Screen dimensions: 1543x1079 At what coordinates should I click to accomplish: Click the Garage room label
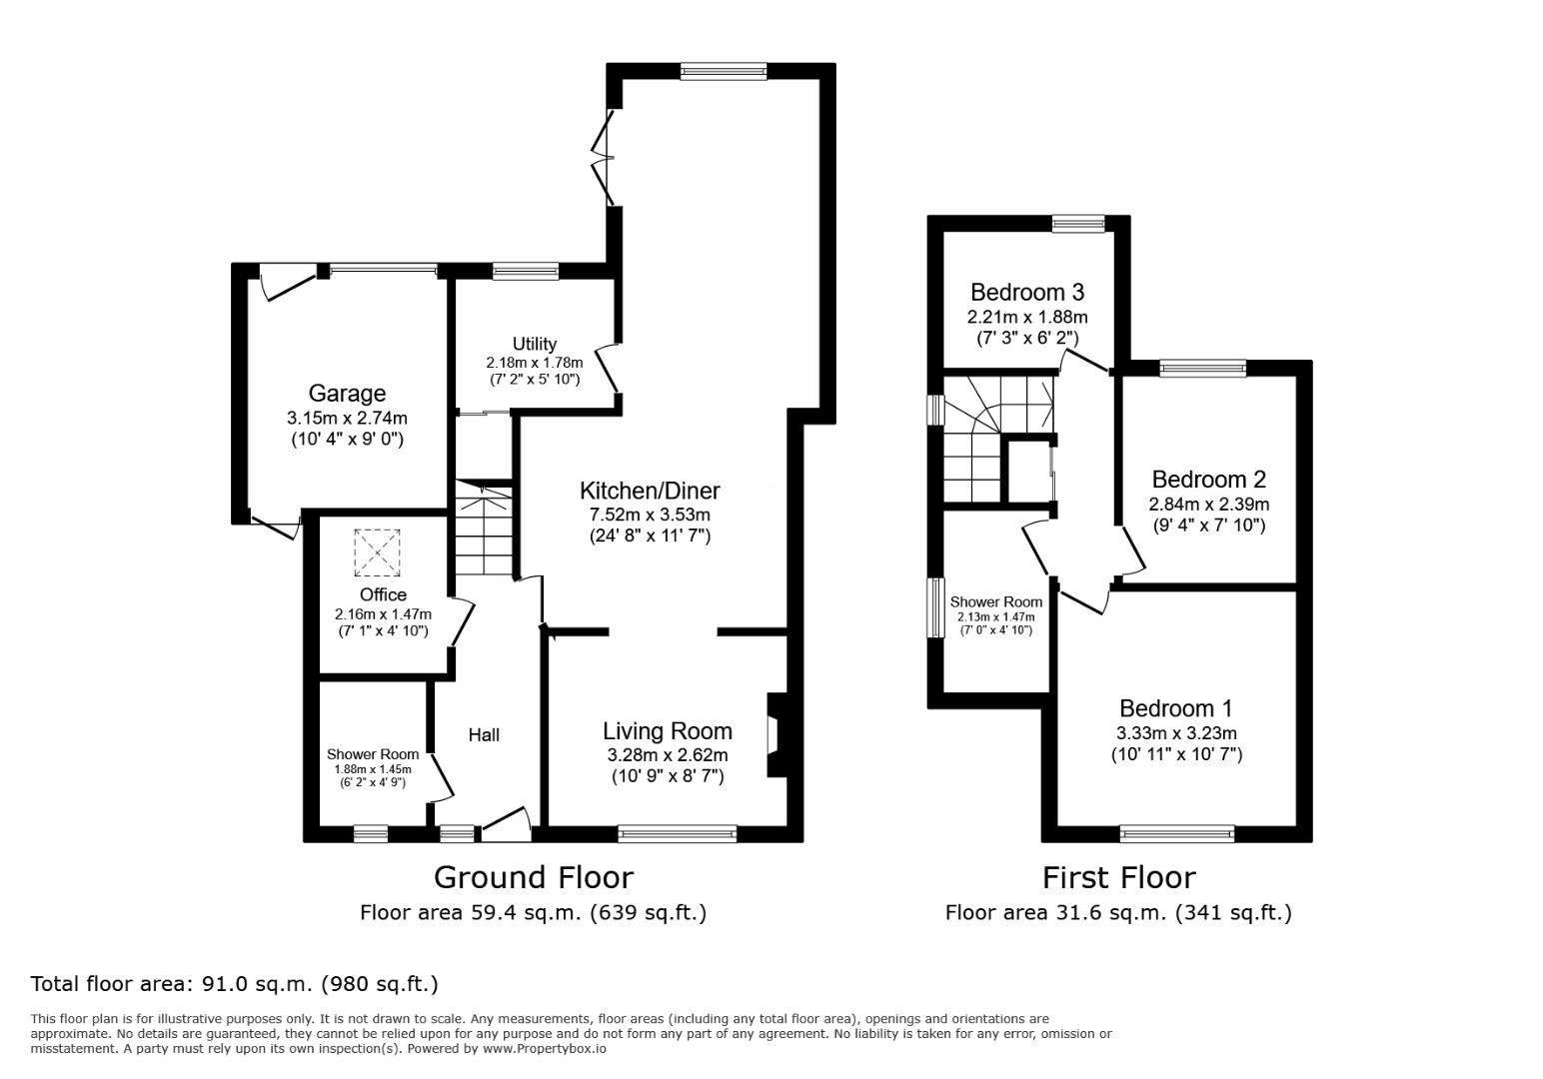pos(347,394)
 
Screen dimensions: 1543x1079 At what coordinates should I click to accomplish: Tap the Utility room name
pos(534,344)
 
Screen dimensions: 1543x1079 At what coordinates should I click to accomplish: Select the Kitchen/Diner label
pos(650,491)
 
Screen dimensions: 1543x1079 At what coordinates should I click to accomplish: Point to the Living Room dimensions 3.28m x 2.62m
pos(668,754)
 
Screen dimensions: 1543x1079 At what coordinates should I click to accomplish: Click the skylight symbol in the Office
pos(377,552)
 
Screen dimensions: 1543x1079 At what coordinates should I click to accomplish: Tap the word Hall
pos(484,735)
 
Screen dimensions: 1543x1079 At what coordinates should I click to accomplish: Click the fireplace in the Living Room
pos(777,735)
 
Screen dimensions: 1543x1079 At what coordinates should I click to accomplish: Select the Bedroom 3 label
pos(1027,293)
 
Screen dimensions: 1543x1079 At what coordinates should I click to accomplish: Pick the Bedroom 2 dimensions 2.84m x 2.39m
pos(1209,505)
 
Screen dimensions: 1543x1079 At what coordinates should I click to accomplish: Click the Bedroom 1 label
pos(1176,708)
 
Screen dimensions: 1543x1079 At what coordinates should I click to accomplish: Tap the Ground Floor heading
pos(534,878)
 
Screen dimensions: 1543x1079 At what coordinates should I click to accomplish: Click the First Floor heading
pos(1118,878)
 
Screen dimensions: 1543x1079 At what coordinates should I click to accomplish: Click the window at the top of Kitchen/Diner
pos(723,72)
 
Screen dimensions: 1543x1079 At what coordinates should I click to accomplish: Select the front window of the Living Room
pos(678,834)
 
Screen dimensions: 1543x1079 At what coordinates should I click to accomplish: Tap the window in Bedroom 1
pos(1176,834)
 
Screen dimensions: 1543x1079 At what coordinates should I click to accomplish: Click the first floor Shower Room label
pos(996,602)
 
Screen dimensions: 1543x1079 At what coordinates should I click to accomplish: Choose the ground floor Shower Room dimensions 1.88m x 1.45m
pos(373,769)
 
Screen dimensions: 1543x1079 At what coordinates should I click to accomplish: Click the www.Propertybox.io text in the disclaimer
pos(545,1049)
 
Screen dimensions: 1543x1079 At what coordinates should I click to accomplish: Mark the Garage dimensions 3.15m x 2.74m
pos(347,418)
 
